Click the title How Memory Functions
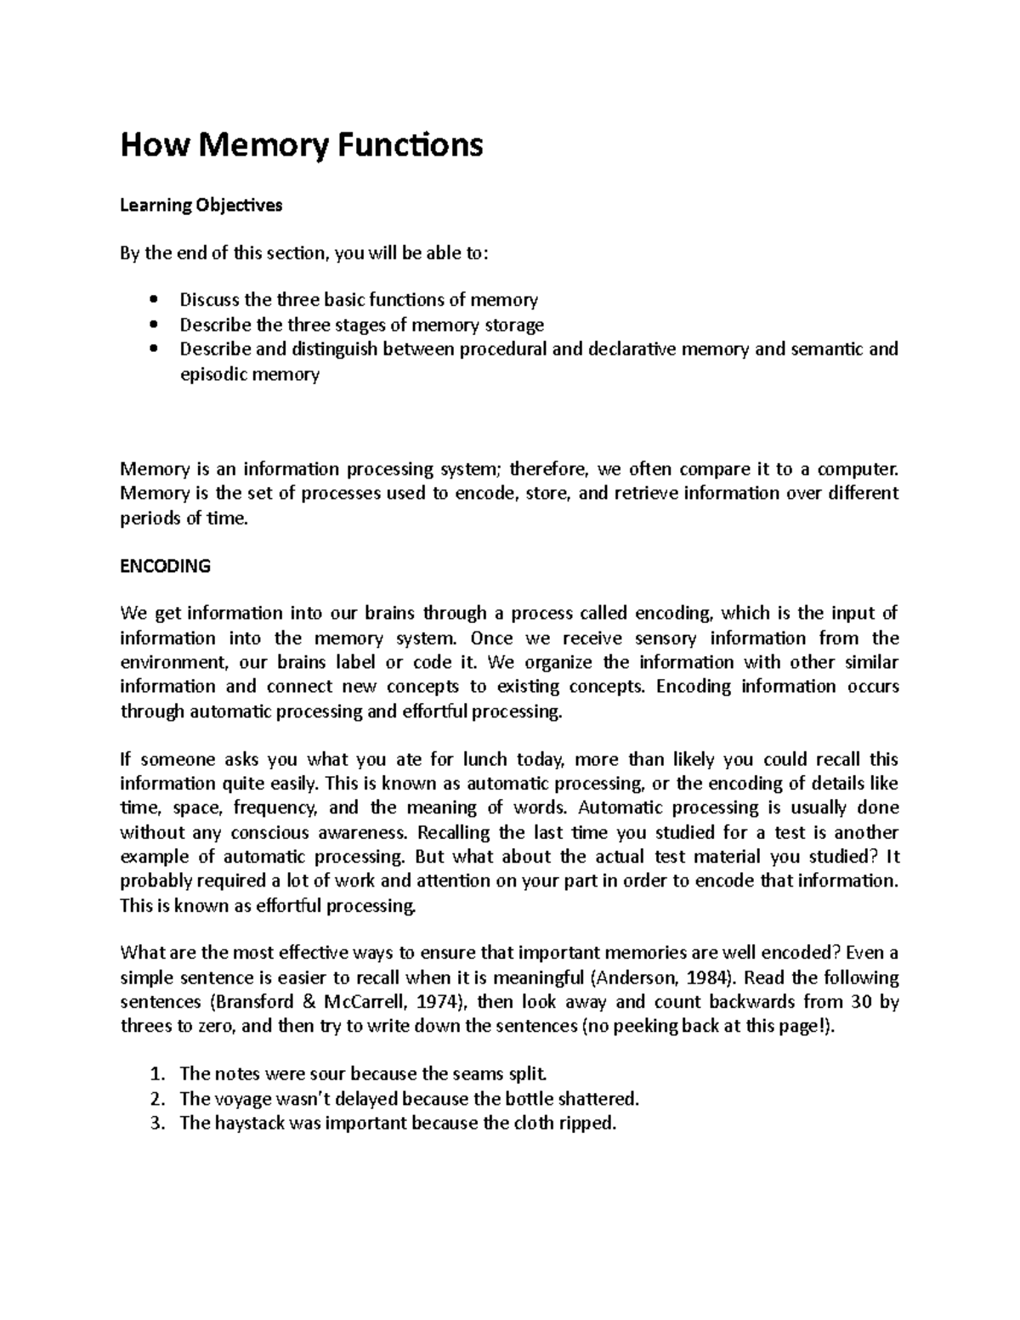302,145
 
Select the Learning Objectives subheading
201,205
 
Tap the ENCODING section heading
165,566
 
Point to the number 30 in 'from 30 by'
861,1001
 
